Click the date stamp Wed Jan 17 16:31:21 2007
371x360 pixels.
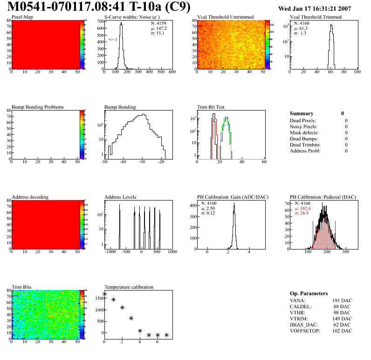pos(315,9)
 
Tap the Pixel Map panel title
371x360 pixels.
pos(22,17)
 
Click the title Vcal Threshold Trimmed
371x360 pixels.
pos(316,17)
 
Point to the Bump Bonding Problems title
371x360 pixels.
pos(38,107)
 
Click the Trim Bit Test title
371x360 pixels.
pos(212,107)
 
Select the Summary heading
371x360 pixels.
pos(302,113)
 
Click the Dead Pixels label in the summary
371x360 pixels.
pos(302,120)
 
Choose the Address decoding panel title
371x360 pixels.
pos(30,197)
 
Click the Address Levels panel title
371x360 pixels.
pos(120,197)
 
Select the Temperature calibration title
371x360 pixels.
pos(129,287)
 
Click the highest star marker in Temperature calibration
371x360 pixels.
pos(104,294)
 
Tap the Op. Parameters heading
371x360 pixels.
pos(309,293)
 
